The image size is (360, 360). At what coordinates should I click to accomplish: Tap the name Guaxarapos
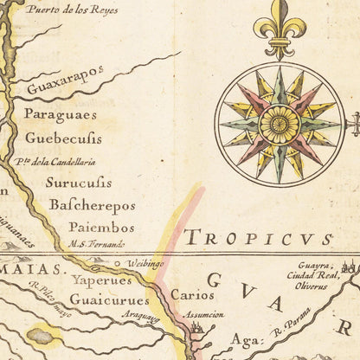tap(65, 87)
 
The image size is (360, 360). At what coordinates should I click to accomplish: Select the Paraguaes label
tap(61, 115)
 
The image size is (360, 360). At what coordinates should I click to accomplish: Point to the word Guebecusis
tap(63, 138)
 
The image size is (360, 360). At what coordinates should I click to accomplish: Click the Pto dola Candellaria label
tap(55, 162)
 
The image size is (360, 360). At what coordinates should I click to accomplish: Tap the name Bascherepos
tap(92, 206)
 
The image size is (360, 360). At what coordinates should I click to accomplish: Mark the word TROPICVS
tap(258, 238)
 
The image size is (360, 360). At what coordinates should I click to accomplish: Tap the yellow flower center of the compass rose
tap(280, 125)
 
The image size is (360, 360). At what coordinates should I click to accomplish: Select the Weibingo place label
tap(145, 263)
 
